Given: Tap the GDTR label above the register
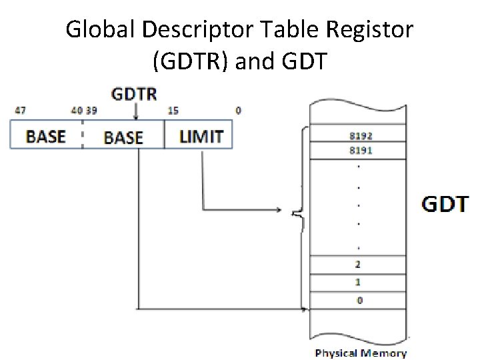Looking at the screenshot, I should (135, 93).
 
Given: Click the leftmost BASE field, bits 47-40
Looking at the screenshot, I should (45, 136).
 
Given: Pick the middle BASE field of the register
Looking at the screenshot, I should (123, 137).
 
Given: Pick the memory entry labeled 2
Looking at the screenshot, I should (359, 265).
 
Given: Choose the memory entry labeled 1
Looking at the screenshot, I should (359, 282).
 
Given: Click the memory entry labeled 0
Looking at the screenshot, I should (359, 300).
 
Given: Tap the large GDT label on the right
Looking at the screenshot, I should (445, 203).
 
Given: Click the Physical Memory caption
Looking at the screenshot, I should (361, 353).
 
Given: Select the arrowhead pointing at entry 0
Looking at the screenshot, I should (305, 309).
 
